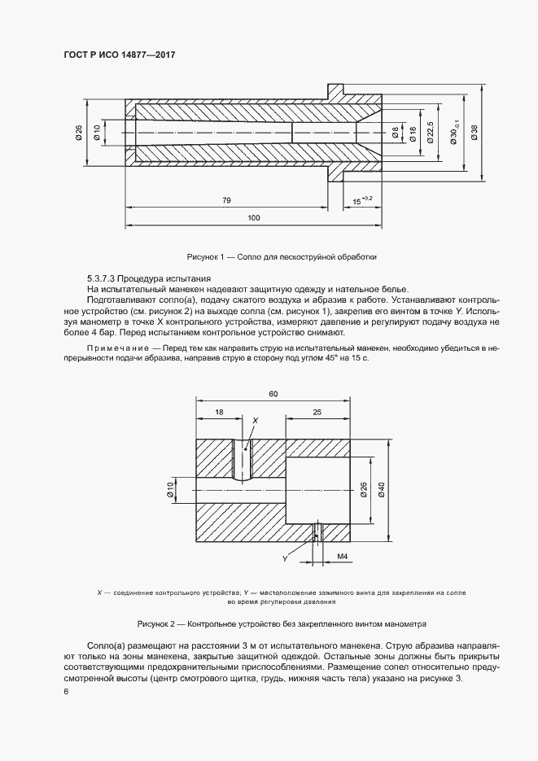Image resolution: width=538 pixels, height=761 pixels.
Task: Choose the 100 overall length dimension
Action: tap(253, 217)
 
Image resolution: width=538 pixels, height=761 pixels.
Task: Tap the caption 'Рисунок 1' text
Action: tap(208, 256)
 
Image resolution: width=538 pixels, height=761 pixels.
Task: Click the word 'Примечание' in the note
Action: tap(113, 348)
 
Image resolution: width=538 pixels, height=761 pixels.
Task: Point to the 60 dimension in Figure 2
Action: tap(273, 394)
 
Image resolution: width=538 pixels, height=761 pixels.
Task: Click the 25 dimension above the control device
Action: tap(316, 413)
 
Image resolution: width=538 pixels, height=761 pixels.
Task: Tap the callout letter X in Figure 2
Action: tap(255, 420)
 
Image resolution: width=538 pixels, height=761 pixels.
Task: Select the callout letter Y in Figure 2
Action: tap(285, 558)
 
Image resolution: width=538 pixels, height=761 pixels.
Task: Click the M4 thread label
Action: tap(343, 558)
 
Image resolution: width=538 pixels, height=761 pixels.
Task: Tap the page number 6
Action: tap(66, 692)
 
